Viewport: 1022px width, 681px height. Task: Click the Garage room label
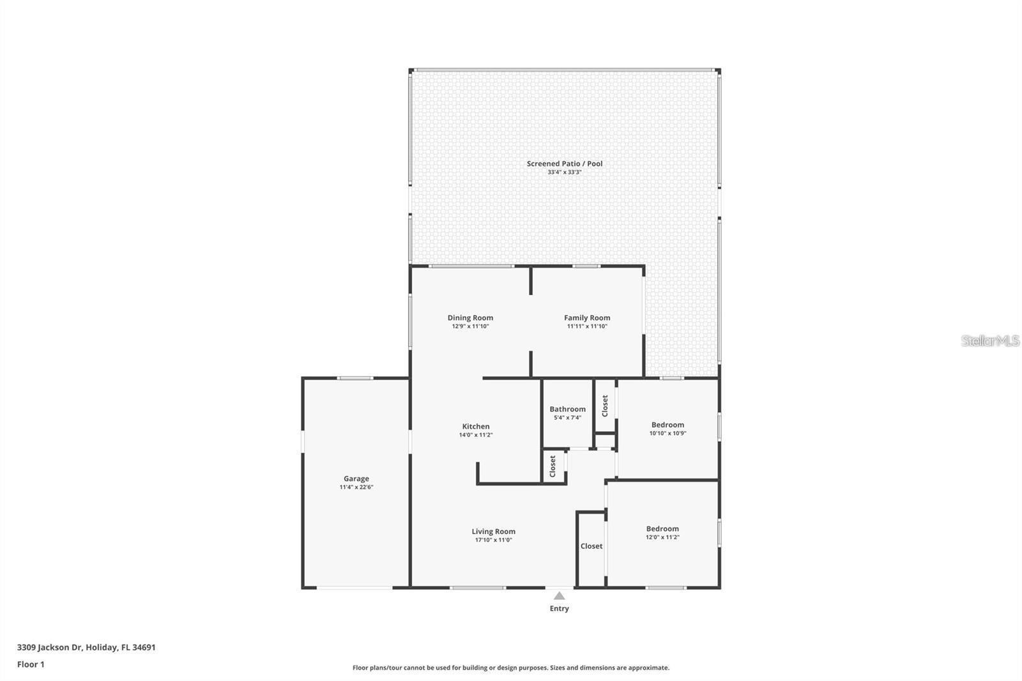click(356, 478)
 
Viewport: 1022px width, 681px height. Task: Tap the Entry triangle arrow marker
click(559, 596)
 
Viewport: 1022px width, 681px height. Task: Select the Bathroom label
click(567, 409)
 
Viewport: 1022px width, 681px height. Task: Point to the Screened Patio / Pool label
click(564, 164)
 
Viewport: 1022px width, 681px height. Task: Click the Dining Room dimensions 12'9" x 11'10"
click(470, 326)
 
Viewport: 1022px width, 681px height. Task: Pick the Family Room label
click(586, 318)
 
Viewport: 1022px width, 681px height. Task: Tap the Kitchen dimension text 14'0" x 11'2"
click(475, 435)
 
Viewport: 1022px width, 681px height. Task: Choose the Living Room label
click(493, 532)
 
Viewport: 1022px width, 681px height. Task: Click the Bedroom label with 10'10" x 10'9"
click(667, 425)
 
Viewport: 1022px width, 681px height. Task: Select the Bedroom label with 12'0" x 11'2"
click(662, 529)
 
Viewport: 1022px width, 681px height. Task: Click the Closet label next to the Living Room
click(591, 546)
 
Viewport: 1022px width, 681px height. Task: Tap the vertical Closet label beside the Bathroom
click(605, 406)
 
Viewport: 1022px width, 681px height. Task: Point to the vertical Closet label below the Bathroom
click(553, 466)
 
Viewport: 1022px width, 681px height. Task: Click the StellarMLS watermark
click(990, 340)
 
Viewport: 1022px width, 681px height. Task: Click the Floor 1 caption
click(31, 664)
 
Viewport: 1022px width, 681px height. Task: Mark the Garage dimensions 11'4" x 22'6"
click(356, 487)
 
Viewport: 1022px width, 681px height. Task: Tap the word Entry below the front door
click(559, 609)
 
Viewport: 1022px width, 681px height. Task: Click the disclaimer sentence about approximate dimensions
click(511, 668)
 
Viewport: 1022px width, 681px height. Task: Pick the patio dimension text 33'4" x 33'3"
click(564, 172)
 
